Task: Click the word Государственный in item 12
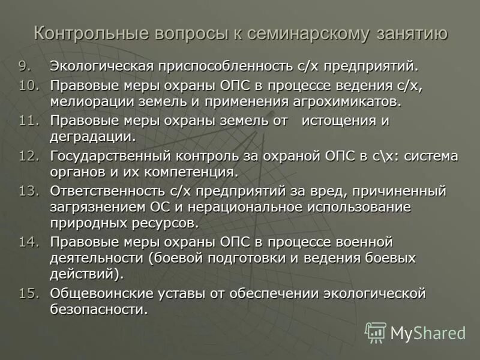click(x=112, y=156)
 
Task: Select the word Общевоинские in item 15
click(x=100, y=293)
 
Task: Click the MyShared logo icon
click(x=376, y=332)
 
